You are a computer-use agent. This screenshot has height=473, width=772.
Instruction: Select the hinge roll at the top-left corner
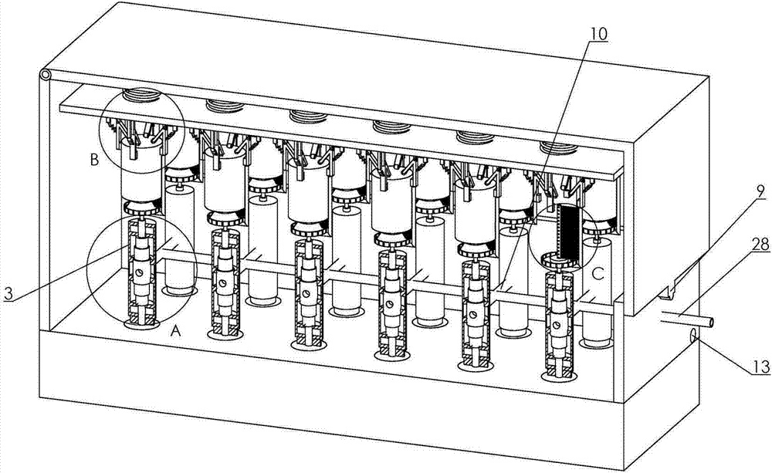[46, 76]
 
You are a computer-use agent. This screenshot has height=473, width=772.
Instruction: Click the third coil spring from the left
[306, 117]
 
